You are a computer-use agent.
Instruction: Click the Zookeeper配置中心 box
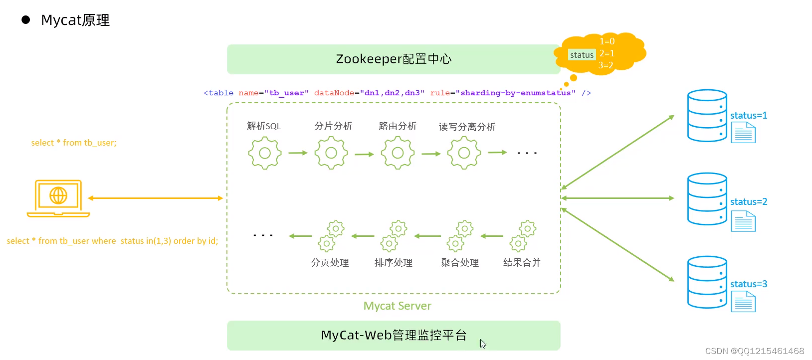[x=393, y=59]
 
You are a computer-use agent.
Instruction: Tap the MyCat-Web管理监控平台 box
[x=393, y=335]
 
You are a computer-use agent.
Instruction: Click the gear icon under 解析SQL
[x=265, y=153]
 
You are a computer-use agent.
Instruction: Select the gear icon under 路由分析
[x=398, y=153]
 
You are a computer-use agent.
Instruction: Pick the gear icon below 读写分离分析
[x=464, y=153]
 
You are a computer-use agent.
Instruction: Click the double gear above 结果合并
[x=522, y=236]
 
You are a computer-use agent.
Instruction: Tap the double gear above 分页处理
[x=331, y=236]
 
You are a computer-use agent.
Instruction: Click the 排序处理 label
[x=393, y=263]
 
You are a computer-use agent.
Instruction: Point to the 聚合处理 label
[x=459, y=263]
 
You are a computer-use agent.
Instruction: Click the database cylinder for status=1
[x=707, y=116]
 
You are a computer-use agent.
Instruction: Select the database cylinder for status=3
[x=707, y=282]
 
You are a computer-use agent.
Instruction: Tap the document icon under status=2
[x=743, y=221]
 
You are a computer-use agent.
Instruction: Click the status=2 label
[x=748, y=202]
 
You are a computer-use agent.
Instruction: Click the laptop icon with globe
[x=58, y=198]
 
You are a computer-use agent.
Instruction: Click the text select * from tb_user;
[x=74, y=143]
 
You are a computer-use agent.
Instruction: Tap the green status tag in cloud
[x=582, y=55]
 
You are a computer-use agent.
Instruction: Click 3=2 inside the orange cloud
[x=606, y=65]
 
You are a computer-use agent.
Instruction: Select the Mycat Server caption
[x=397, y=306]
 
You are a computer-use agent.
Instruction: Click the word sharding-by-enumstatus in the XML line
[x=515, y=93]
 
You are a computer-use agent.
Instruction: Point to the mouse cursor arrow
[x=482, y=344]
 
